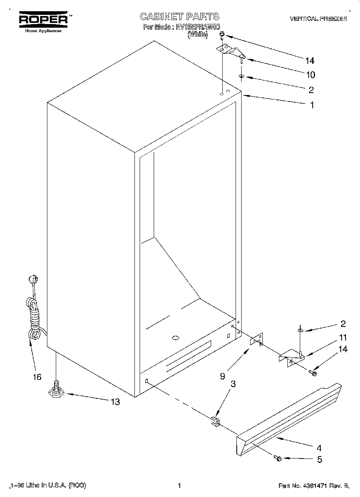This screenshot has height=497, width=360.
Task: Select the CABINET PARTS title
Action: coord(179,16)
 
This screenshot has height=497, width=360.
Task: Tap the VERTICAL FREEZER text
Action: coord(318,19)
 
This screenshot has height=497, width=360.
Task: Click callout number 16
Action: coord(37,377)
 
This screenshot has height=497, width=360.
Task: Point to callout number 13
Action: coord(115,402)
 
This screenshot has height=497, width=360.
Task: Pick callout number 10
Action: coord(310,75)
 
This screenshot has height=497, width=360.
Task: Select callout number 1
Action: coord(311,105)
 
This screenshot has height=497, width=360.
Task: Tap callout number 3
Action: coord(233,384)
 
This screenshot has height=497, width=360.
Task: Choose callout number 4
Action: coord(319,448)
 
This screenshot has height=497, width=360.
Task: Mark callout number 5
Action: coord(319,460)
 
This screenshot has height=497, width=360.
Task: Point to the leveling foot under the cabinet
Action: coord(56,388)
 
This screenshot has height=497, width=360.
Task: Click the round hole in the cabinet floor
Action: coord(175,339)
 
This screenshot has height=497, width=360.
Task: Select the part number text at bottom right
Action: coord(314,486)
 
